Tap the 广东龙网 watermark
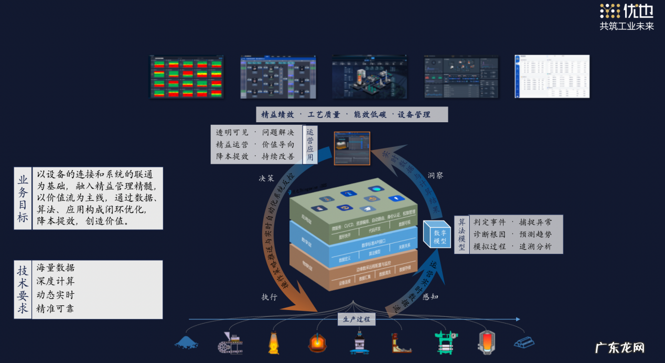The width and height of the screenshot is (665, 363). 619,347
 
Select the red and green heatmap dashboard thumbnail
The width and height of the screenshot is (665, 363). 187,77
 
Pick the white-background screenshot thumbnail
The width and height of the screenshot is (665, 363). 552,77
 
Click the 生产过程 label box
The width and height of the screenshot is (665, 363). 357,319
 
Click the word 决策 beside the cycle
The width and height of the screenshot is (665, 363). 266,178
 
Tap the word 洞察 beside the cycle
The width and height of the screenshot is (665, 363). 435,175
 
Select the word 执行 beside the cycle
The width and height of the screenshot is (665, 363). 270,297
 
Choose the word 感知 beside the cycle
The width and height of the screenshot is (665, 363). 430,296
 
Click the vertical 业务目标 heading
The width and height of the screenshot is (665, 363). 23,198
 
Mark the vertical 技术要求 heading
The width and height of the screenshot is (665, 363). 23,290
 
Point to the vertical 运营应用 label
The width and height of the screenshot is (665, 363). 310,144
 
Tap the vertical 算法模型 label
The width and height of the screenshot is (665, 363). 462,234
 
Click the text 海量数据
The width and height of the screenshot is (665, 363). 56,268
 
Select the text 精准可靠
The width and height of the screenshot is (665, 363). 56,309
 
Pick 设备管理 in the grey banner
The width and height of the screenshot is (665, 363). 414,114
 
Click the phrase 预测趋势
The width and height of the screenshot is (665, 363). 535,234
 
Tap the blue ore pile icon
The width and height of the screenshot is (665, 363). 186,343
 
